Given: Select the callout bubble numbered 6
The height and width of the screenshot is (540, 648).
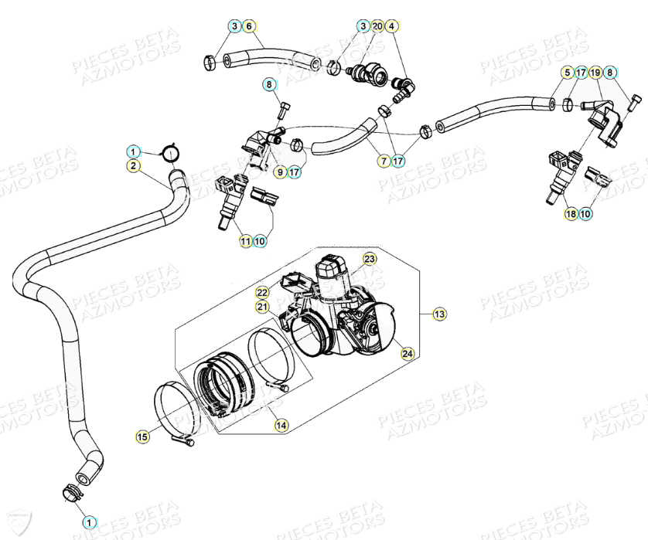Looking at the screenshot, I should tap(249, 26).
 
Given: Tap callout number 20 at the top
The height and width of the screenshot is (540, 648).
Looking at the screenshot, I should tap(377, 26).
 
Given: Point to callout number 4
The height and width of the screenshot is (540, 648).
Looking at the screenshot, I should tap(392, 26).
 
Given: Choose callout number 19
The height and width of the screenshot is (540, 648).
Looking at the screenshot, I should tap(595, 73).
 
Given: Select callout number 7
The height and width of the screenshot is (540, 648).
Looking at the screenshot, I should tap(383, 161).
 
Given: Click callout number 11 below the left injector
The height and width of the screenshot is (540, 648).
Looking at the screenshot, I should tap(245, 242).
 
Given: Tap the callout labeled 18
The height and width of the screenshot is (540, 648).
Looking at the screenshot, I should tap(571, 213).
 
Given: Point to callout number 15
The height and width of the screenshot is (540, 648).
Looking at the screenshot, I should tap(142, 437).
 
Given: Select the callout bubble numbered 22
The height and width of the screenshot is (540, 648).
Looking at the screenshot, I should tap(262, 292).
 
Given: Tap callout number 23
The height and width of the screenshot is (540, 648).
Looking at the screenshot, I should tap(370, 257).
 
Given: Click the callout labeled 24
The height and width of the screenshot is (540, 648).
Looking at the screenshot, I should tap(407, 353).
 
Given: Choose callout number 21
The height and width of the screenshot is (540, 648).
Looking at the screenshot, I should tap(262, 307).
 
